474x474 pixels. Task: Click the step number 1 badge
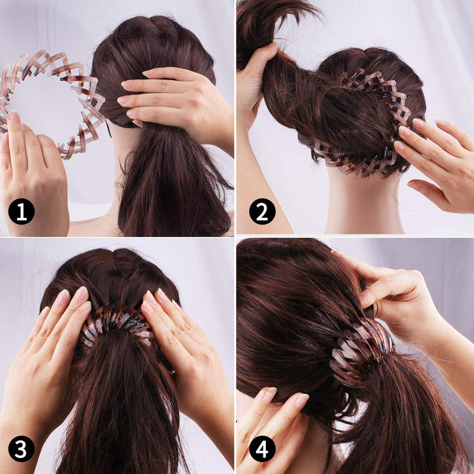(21, 212)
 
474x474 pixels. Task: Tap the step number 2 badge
(262, 212)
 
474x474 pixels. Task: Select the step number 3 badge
(21, 449)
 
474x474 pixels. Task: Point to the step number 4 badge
(262, 449)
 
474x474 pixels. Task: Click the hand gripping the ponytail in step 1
(178, 99)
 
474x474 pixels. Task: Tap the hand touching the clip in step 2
(438, 158)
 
